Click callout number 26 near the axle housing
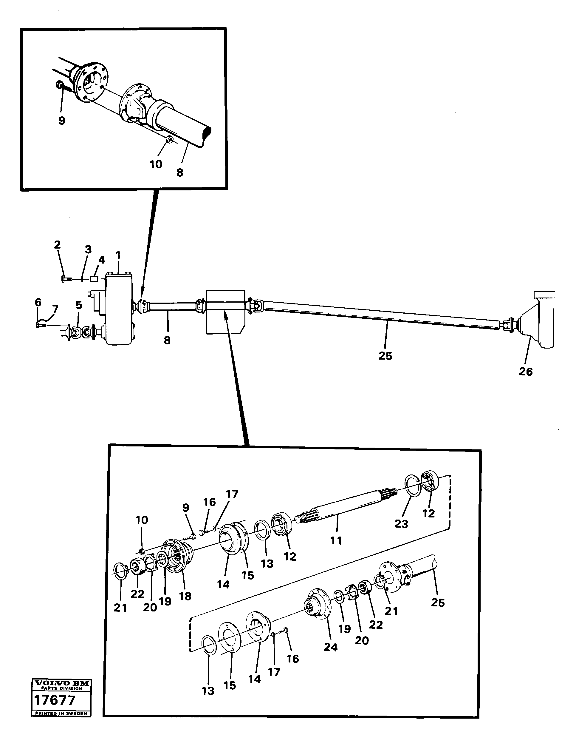525,371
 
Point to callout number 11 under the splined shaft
336,540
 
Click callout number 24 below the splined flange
331,647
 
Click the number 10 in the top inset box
156,164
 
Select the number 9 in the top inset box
62,121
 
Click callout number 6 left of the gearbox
38,302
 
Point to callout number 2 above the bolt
57,245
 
